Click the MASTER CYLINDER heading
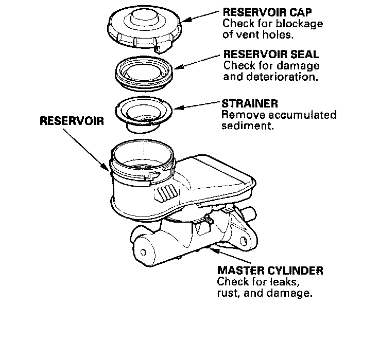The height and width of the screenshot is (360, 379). click(270, 270)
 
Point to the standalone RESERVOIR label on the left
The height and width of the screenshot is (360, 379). click(72, 122)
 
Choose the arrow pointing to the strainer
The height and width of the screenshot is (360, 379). click(198, 106)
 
